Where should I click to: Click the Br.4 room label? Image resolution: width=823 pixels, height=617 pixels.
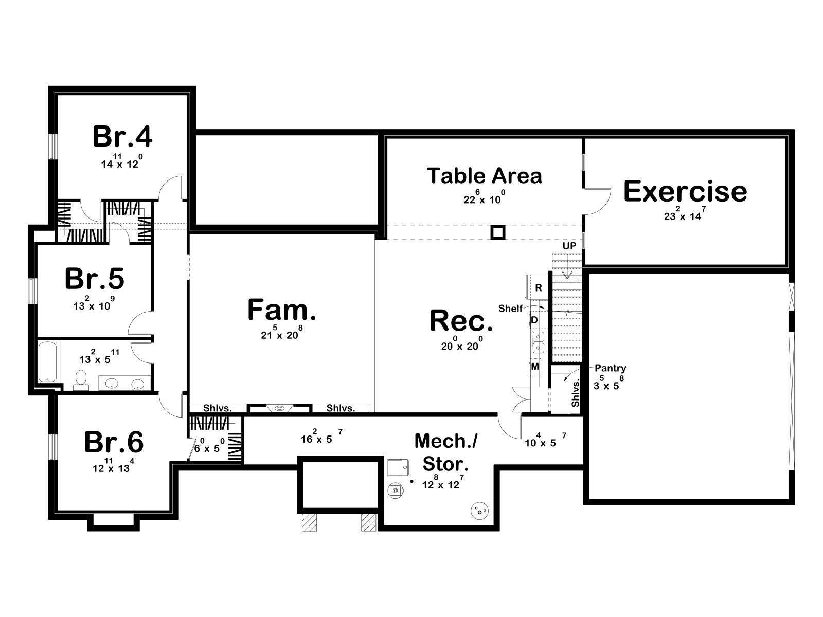pyautogui.click(x=122, y=137)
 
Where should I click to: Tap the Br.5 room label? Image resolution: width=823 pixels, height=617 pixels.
pyautogui.click(x=94, y=279)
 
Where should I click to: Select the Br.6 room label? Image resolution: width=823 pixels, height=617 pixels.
pyautogui.click(x=114, y=442)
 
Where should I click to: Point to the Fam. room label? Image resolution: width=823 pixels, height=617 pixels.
pyautogui.click(x=281, y=310)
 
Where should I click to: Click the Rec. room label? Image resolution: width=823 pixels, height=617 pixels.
pyautogui.click(x=461, y=321)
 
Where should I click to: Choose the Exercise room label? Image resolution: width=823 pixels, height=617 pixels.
pyautogui.click(x=685, y=191)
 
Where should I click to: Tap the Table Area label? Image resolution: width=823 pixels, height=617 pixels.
pyautogui.click(x=485, y=176)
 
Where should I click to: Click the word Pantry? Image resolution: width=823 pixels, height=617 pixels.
pyautogui.click(x=611, y=368)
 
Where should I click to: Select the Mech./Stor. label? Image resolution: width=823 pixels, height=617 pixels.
pyautogui.click(x=446, y=452)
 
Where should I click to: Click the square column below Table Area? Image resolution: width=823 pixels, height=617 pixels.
pyautogui.click(x=498, y=232)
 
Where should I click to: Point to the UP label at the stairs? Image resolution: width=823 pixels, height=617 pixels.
pyautogui.click(x=569, y=246)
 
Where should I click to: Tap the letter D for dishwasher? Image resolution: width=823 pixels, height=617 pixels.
pyautogui.click(x=534, y=320)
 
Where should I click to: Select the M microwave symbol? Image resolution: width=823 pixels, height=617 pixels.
pyautogui.click(x=535, y=367)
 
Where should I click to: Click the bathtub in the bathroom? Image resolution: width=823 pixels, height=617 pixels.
pyautogui.click(x=48, y=361)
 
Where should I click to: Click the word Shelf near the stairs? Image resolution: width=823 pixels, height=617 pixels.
pyautogui.click(x=510, y=308)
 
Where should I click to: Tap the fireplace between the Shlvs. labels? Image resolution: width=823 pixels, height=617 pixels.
pyautogui.click(x=280, y=408)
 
